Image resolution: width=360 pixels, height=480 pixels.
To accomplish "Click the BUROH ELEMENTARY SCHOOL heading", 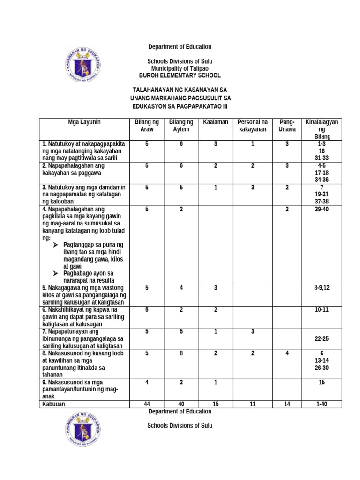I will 180,75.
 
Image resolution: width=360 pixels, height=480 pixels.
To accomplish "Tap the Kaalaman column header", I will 216,122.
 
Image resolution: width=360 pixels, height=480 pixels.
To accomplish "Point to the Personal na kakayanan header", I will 252,126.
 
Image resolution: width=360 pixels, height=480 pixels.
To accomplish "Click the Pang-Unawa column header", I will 287,126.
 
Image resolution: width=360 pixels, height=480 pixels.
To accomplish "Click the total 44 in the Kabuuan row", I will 147,404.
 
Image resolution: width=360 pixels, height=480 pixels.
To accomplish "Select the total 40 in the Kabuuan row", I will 180,404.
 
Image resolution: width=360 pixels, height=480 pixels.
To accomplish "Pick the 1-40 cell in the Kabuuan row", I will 322,404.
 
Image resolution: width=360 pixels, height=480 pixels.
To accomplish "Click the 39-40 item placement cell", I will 322,209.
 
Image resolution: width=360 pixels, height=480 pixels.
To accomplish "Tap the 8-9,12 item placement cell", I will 322,288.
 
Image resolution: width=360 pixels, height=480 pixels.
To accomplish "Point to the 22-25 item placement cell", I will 322,338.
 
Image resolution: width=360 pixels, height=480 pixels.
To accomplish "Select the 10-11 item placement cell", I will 322,310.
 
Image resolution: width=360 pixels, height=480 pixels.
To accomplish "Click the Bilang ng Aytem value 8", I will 180,353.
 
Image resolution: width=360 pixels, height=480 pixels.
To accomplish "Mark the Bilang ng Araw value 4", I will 147,382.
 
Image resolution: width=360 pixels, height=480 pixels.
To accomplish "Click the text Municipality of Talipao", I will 180,68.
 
